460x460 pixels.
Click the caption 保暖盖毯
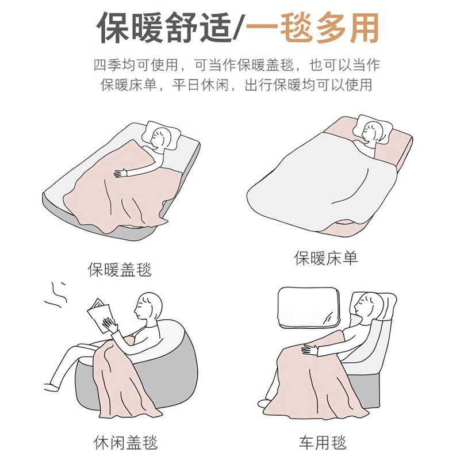click(120, 269)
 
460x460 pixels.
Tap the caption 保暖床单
click(326, 258)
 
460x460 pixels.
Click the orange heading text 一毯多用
click(313, 28)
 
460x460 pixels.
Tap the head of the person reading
click(148, 305)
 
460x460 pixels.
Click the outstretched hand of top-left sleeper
click(121, 172)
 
